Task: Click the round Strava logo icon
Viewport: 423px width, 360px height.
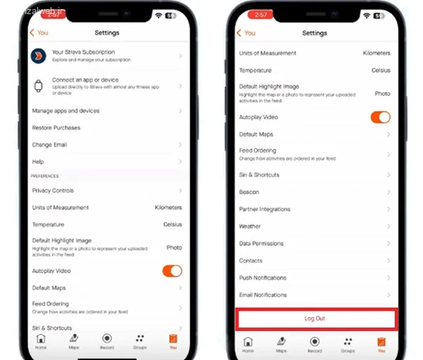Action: pyautogui.click(x=38, y=56)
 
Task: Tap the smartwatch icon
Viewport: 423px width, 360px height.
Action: pyautogui.click(x=38, y=85)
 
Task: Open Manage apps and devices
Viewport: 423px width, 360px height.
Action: pyautogui.click(x=66, y=111)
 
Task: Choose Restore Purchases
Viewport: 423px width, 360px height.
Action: pyautogui.click(x=56, y=128)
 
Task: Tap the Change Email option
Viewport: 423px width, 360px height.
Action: pyautogui.click(x=50, y=144)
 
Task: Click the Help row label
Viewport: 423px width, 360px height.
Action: pyautogui.click(x=38, y=161)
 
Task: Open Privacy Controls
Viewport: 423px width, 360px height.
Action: pyautogui.click(x=53, y=190)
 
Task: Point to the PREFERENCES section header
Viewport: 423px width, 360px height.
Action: pyautogui.click(x=45, y=176)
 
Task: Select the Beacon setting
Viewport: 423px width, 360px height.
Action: pyautogui.click(x=249, y=192)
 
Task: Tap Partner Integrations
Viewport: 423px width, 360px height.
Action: pyautogui.click(x=264, y=209)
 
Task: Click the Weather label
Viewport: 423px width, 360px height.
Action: pyautogui.click(x=250, y=226)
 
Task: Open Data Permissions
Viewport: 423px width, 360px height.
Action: pyautogui.click(x=261, y=243)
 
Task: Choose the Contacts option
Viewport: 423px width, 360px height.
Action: pyautogui.click(x=251, y=261)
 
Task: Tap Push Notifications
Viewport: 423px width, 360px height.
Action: pyautogui.click(x=262, y=278)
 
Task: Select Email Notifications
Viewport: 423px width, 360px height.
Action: pyautogui.click(x=263, y=294)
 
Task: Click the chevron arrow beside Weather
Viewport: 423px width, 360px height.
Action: pyautogui.click(x=388, y=226)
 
